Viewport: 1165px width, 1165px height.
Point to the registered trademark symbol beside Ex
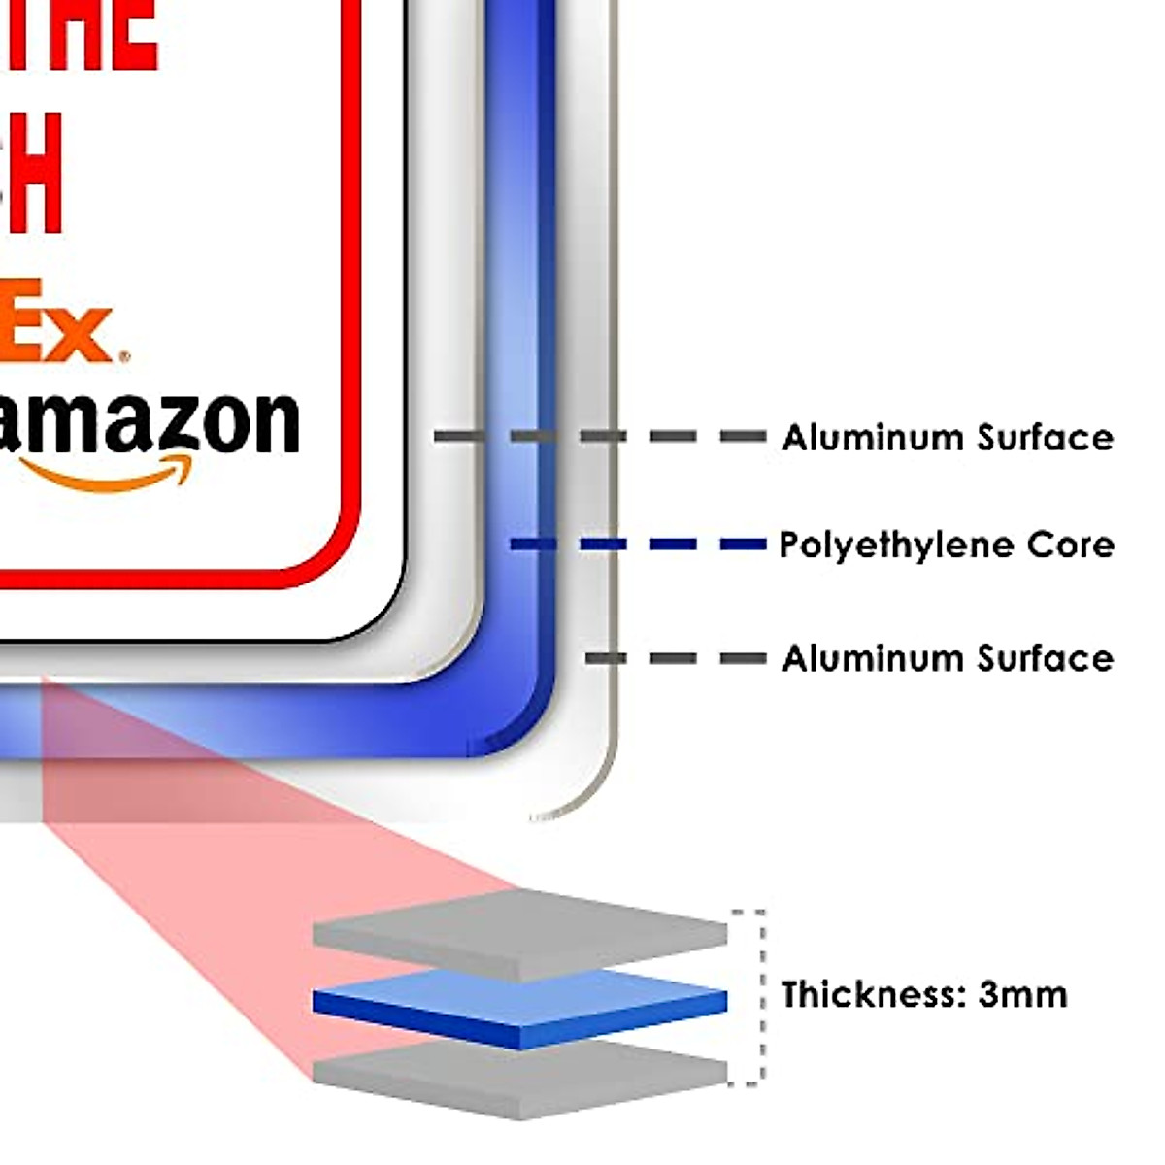point(122,356)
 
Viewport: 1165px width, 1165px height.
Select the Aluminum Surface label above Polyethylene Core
point(948,438)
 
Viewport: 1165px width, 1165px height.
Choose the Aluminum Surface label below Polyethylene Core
point(948,658)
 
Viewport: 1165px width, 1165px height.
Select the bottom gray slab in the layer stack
point(519,1078)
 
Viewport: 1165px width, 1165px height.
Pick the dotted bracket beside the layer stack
point(760,996)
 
